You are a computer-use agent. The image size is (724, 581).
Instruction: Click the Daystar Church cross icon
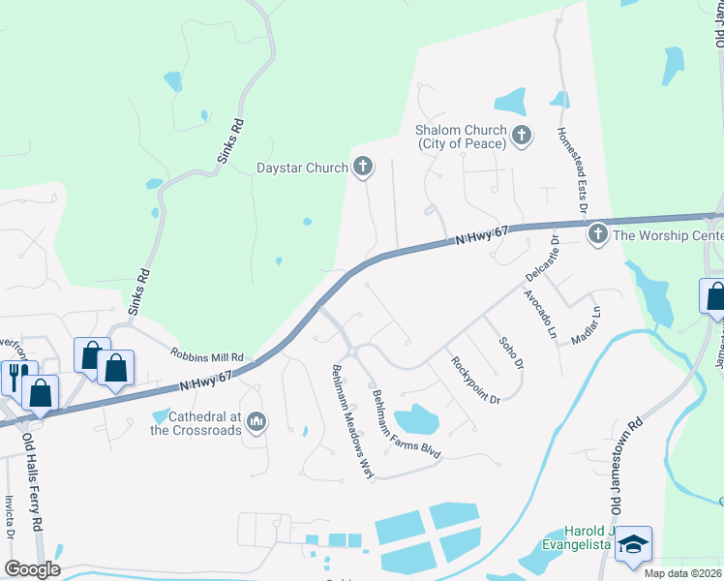click(x=363, y=168)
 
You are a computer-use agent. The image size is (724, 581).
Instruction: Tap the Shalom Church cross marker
click(x=522, y=136)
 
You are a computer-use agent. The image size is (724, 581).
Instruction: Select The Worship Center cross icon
click(x=597, y=234)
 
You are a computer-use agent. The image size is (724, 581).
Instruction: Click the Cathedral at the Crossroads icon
click(x=256, y=421)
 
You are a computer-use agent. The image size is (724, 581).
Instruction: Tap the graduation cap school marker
click(x=633, y=547)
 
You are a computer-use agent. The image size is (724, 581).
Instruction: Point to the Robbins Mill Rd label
click(x=207, y=356)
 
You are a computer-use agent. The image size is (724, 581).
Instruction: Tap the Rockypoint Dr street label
click(x=474, y=380)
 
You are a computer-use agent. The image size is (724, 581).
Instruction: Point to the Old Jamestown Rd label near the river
click(x=625, y=466)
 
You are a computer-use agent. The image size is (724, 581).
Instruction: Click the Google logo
click(x=32, y=569)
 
